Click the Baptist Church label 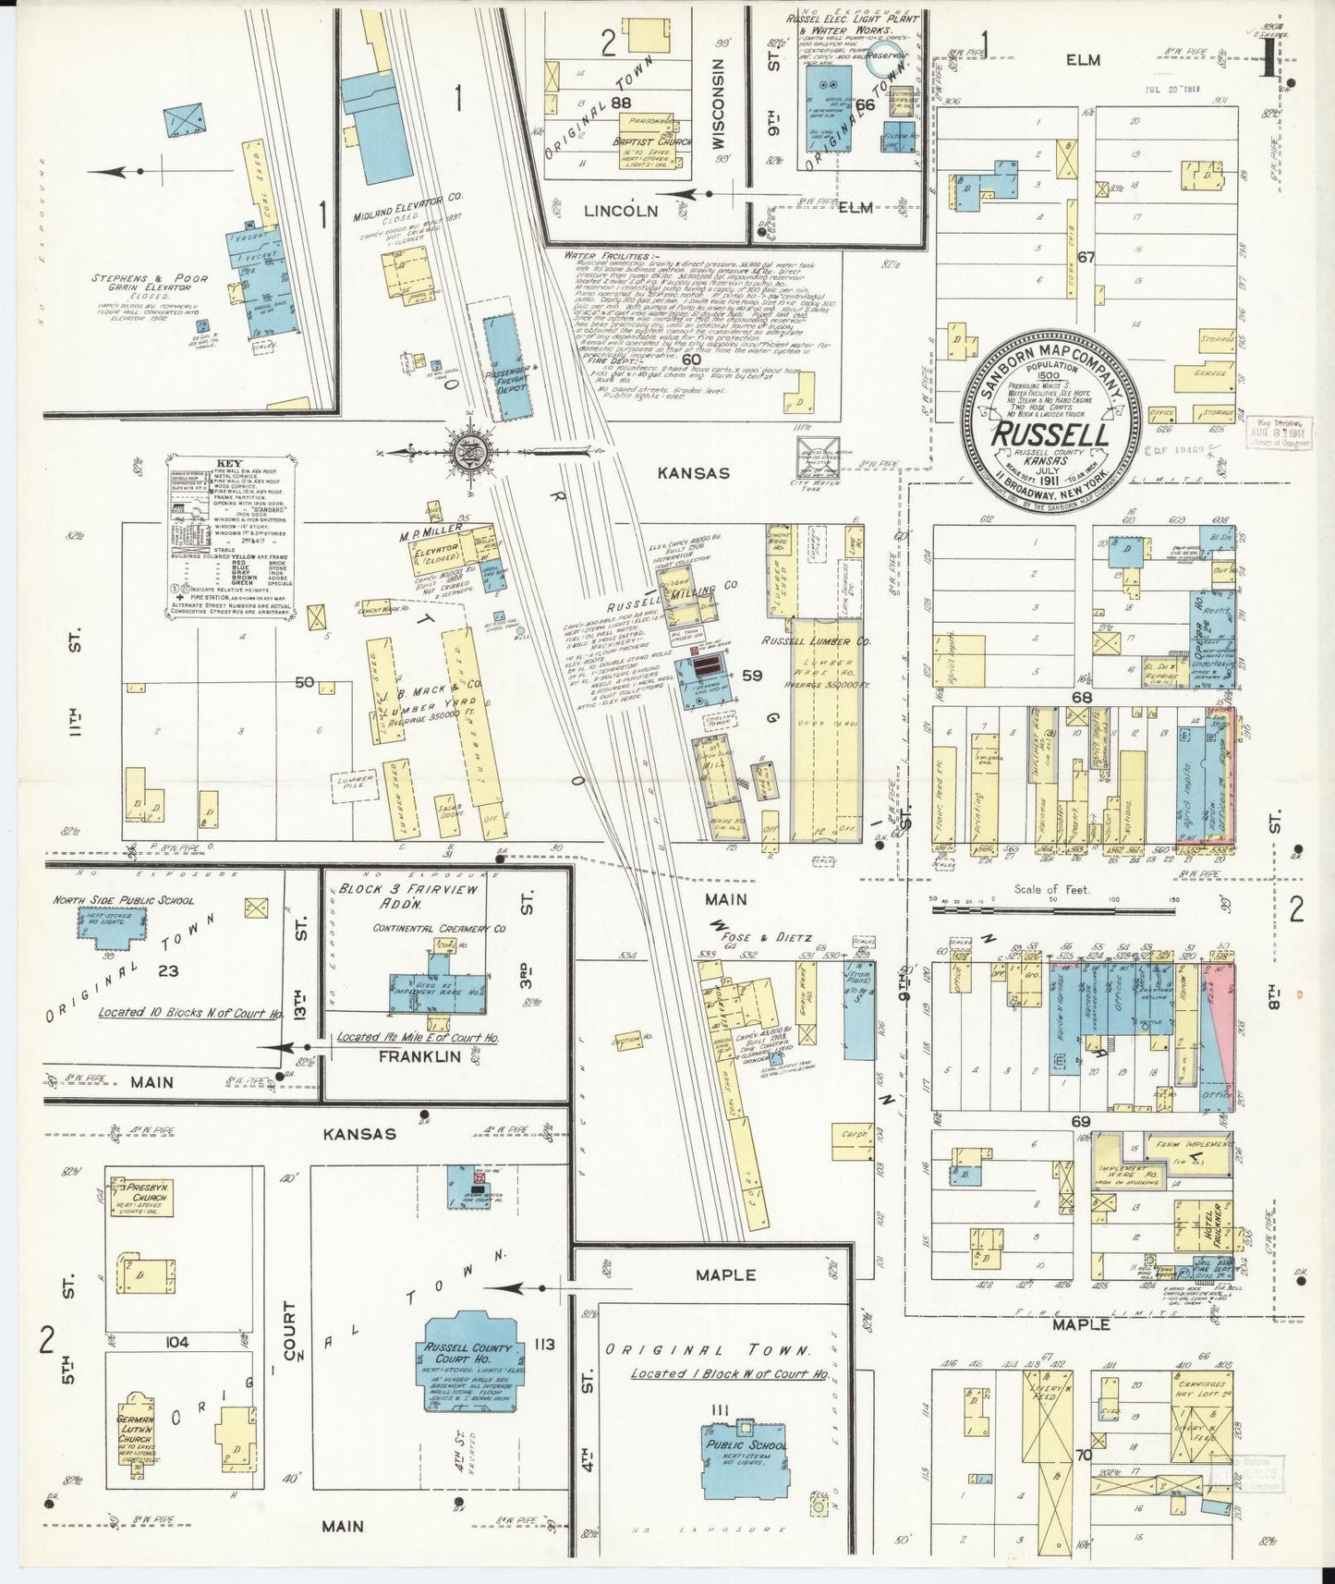[647, 143]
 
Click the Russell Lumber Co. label [817, 640]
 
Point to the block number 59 [752, 675]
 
